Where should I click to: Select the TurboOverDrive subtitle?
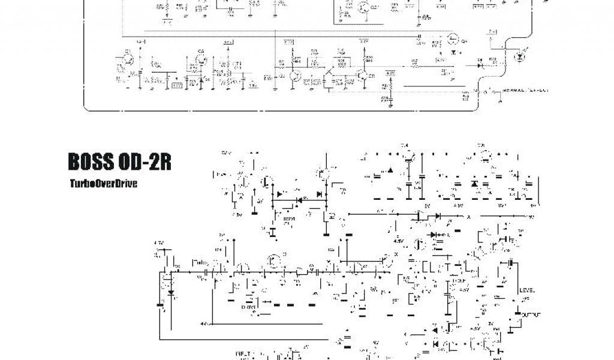(x=103, y=184)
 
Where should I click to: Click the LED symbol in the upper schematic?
(x=519, y=57)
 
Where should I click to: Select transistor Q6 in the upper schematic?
(x=200, y=58)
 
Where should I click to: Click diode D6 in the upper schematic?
(x=480, y=62)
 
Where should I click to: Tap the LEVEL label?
(x=528, y=290)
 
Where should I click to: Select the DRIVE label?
(x=249, y=307)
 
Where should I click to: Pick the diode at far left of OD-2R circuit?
(x=171, y=293)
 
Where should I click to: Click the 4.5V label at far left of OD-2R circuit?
(x=159, y=242)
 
